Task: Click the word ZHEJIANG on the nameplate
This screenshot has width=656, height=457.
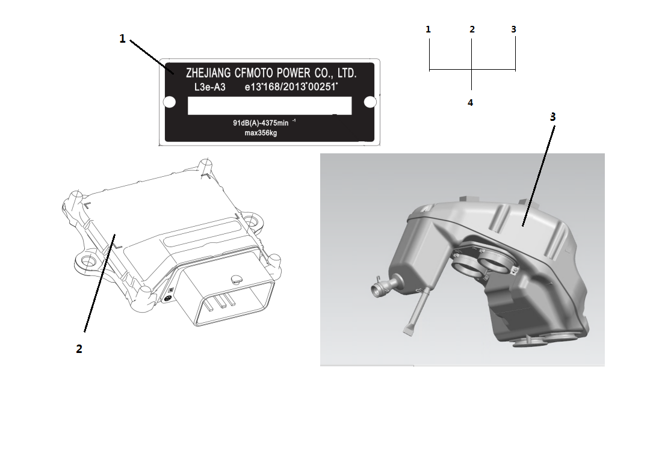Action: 208,73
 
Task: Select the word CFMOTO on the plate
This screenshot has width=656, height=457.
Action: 254,73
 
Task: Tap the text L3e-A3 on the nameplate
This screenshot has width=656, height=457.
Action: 209,87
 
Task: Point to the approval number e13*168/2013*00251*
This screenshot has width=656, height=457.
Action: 291,87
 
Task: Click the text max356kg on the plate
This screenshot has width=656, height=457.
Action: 261,133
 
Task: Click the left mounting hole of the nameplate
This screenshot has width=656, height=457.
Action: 170,102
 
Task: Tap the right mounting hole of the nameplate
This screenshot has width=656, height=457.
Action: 370,102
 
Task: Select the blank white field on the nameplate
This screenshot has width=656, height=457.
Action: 270,106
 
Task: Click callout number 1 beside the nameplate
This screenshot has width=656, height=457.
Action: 122,39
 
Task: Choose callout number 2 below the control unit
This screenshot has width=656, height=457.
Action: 79,349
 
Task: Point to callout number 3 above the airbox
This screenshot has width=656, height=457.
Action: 552,117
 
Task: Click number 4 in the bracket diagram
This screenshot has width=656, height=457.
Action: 470,103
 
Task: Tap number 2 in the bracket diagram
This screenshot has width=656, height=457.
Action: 472,29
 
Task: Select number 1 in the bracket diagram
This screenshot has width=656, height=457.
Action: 428,29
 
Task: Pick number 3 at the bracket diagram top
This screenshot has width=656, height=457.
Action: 514,29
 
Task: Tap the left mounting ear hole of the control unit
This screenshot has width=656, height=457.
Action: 88,262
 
